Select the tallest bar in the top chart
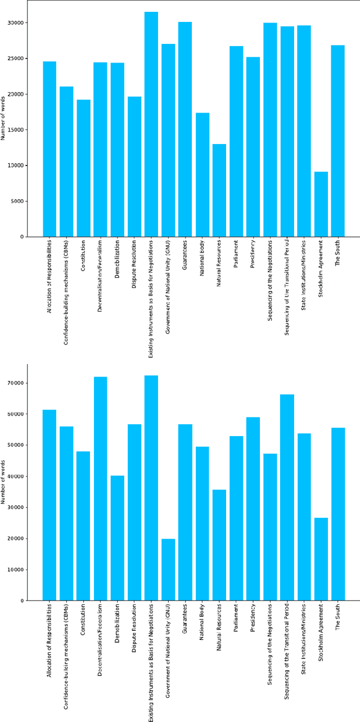pos(151,124)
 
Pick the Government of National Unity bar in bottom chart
pos(168,569)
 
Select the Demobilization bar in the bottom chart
pos(117,538)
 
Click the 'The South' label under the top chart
pos(337,253)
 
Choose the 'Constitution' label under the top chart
pos(83,256)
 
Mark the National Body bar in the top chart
pos(202,174)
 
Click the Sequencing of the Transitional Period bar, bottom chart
pos(287,497)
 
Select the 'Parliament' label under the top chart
pos(236,255)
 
